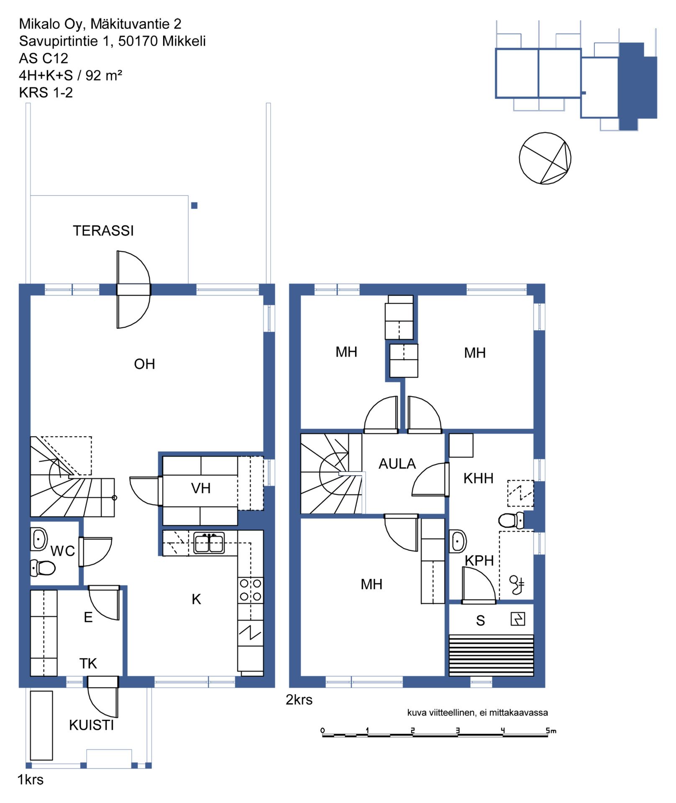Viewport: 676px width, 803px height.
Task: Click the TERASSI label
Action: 103,230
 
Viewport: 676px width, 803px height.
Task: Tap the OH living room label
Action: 144,364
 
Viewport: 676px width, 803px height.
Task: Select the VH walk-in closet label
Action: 201,488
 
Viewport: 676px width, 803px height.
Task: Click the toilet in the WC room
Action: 43,568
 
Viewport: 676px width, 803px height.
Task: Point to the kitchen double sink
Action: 209,542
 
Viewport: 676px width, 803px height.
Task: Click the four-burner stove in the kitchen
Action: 251,590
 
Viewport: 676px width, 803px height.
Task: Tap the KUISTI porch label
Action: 92,725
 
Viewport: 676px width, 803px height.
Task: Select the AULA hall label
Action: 397,463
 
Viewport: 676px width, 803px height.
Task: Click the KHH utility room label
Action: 479,478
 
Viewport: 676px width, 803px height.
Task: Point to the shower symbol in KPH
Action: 517,585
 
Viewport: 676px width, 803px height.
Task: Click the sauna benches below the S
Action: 491,655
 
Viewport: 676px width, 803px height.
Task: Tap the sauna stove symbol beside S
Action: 518,619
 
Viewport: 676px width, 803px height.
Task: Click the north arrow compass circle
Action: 545,158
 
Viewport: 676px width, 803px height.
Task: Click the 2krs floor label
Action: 299,700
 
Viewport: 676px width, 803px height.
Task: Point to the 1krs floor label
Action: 30,780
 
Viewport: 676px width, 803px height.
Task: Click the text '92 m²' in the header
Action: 104,75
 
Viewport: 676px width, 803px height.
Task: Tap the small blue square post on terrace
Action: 194,205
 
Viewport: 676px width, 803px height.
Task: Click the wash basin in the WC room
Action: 39,539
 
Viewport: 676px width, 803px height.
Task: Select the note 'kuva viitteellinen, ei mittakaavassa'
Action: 478,712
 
